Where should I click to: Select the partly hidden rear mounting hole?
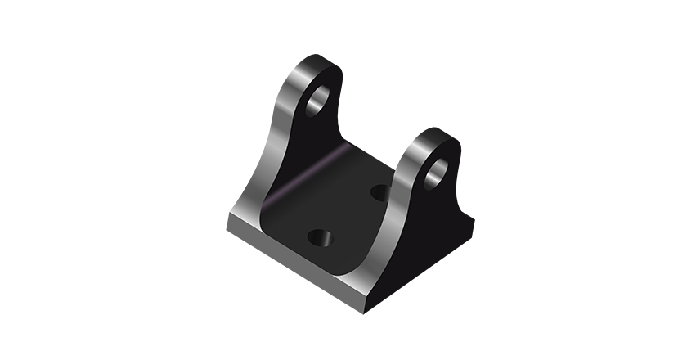(x=380, y=192)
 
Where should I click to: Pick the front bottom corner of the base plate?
(x=360, y=282)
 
